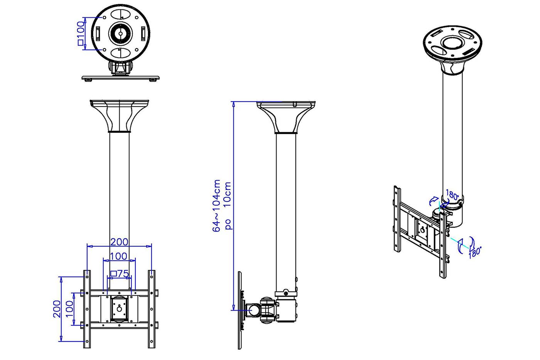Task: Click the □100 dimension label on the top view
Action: pyautogui.click(x=81, y=34)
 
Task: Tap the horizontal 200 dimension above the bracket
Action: pyautogui.click(x=119, y=242)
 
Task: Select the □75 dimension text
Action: pyautogui.click(x=119, y=274)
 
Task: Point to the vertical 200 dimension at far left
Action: pyautogui.click(x=57, y=309)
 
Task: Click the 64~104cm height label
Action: pyautogui.click(x=217, y=206)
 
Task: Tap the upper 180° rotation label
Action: pyautogui.click(x=452, y=194)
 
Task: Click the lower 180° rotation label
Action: pyautogui.click(x=475, y=252)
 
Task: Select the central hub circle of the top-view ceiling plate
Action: pyautogui.click(x=120, y=34)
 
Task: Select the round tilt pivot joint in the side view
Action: pyautogui.click(x=255, y=309)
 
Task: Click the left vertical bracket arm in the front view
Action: pyautogui.click(x=87, y=309)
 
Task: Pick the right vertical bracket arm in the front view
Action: pyautogui.click(x=152, y=309)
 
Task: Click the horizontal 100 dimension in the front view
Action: pyautogui.click(x=119, y=256)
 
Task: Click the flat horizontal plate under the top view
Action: pyautogui.click(x=121, y=78)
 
